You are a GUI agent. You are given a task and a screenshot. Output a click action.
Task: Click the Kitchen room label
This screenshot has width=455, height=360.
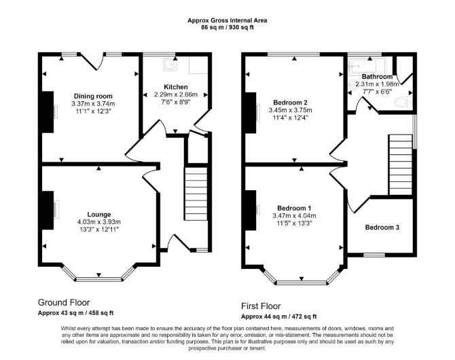[x=176, y=87]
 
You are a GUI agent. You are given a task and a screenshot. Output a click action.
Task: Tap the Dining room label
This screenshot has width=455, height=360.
[x=93, y=96]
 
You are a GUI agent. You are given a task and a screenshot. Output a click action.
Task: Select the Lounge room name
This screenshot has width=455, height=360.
[x=99, y=214]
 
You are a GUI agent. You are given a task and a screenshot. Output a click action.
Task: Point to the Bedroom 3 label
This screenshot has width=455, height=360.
[x=382, y=228]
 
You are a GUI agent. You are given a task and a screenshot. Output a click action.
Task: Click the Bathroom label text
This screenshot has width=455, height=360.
[x=377, y=77]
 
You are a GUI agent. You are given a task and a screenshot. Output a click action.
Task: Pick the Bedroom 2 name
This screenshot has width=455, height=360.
[x=290, y=103]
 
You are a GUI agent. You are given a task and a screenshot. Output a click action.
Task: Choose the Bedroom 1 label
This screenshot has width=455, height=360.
[x=294, y=208]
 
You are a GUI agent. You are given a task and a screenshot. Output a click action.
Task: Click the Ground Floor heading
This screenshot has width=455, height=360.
[x=64, y=302]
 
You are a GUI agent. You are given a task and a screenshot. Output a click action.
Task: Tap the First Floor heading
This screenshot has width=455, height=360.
[x=261, y=306]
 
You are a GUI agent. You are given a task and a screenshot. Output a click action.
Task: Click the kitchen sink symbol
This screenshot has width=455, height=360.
[x=169, y=65]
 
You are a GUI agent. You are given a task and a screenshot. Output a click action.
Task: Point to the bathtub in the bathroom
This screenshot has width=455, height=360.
[x=367, y=66]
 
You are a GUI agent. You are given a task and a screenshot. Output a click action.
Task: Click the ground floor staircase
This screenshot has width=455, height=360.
[x=196, y=194]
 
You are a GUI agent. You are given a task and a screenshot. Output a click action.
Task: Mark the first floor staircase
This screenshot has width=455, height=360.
[x=401, y=164]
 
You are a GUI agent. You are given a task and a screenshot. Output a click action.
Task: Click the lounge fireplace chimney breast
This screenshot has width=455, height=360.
[x=48, y=210]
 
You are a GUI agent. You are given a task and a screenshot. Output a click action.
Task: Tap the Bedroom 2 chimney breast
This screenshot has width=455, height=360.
[x=251, y=113]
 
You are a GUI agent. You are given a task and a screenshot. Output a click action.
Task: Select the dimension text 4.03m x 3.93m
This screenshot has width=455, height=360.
[x=99, y=222]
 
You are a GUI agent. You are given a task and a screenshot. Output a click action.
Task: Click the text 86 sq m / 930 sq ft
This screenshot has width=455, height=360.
[x=227, y=28]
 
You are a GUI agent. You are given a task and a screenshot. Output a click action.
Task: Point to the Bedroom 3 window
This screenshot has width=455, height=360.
[x=374, y=255]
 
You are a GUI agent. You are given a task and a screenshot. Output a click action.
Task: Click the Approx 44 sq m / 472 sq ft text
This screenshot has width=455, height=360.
[x=279, y=317]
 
